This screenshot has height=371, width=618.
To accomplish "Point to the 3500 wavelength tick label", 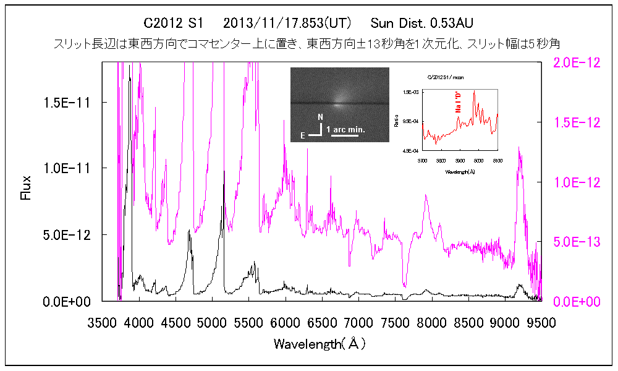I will [x=102, y=323].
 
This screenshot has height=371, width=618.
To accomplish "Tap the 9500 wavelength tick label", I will [x=541, y=323].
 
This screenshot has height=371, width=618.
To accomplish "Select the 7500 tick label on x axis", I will [x=395, y=323].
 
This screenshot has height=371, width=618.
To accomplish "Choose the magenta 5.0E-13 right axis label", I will [x=576, y=242].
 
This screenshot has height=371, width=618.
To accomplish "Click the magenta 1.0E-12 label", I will [x=576, y=182].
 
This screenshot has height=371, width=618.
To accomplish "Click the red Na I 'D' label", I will [x=459, y=101].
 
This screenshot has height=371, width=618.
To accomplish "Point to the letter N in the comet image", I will [x=320, y=117].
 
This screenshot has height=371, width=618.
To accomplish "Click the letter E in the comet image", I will [x=303, y=132].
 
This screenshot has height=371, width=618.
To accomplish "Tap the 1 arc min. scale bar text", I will [x=345, y=129].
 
